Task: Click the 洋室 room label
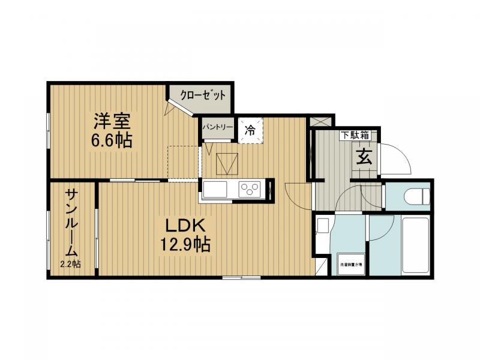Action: (111, 121)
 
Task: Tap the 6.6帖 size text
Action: (112, 141)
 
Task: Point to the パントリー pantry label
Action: (217, 127)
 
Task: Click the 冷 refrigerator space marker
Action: (250, 128)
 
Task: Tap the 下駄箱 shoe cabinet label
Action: (355, 136)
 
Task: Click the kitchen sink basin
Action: (215, 190)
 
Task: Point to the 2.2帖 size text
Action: (71, 264)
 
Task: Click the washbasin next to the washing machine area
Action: (322, 227)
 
